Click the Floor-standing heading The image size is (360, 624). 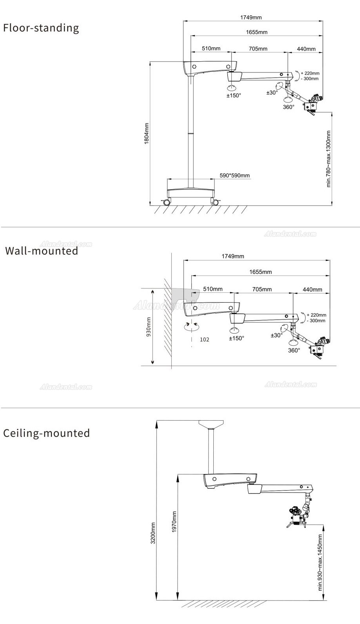41,28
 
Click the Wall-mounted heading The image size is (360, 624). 42,251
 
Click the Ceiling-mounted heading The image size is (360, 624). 46,433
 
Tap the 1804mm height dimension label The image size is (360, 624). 146,133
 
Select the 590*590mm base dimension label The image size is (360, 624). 235,175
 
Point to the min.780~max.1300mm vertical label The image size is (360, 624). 329,159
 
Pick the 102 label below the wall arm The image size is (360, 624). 204,339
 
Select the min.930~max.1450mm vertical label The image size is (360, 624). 320,562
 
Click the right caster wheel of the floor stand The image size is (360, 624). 215,202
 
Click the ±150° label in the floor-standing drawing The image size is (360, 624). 234,95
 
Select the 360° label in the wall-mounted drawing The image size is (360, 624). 294,350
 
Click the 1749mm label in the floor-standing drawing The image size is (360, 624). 251,17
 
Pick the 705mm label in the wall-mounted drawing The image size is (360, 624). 262,289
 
